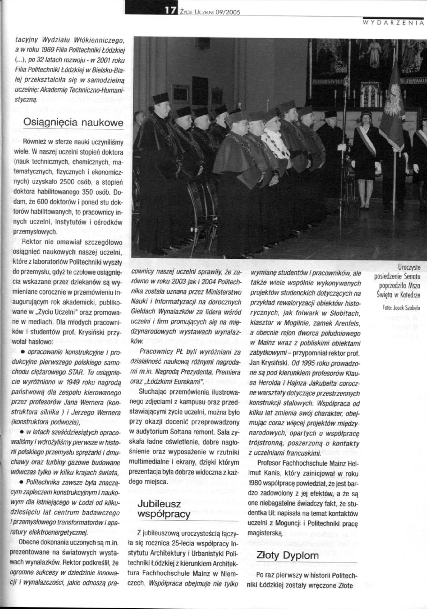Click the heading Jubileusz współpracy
pyautogui.click(x=164, y=508)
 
